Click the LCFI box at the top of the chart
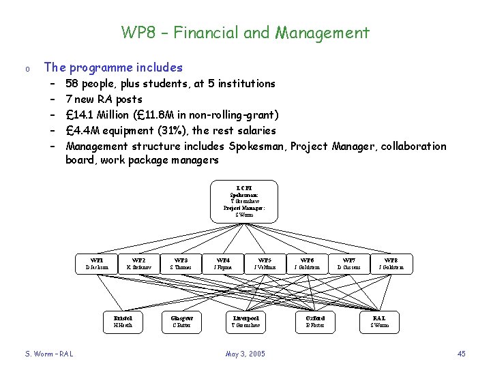(243, 201)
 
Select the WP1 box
(97, 264)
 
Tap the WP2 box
(138, 264)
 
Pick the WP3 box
(181, 264)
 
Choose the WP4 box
(223, 264)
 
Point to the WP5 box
(265, 264)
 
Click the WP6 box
(307, 264)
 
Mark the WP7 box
(349, 264)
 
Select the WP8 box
(391, 264)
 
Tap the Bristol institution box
(123, 322)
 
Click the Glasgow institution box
(181, 322)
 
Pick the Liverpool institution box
(245, 322)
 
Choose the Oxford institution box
(315, 322)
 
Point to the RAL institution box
(379, 322)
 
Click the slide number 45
(461, 354)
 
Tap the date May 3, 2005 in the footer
(245, 354)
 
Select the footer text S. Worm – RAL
(49, 354)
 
